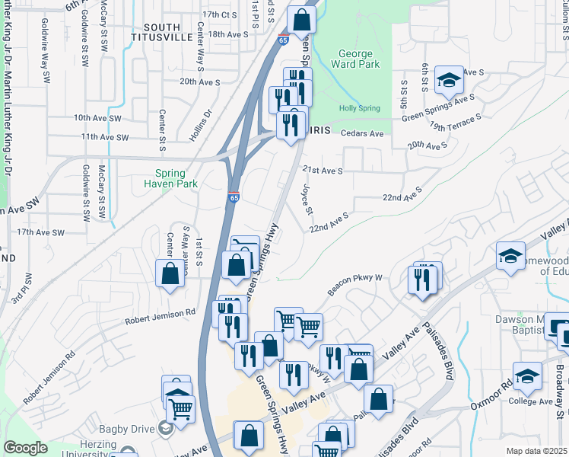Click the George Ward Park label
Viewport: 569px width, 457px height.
pos(354,59)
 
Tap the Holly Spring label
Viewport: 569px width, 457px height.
pos(359,109)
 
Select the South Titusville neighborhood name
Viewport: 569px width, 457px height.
pos(155,32)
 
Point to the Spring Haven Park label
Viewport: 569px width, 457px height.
pos(171,178)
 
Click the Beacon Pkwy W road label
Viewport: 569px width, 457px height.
pos(355,285)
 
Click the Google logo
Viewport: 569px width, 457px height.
pos(25,448)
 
